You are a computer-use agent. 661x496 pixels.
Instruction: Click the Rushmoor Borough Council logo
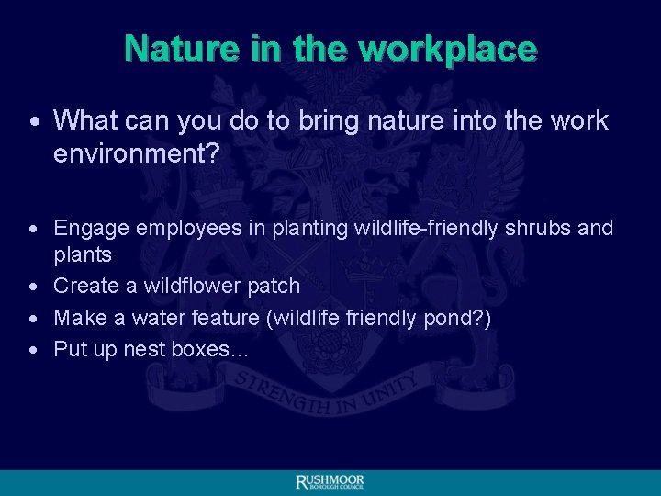point(330,482)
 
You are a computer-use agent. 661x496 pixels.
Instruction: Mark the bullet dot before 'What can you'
point(34,121)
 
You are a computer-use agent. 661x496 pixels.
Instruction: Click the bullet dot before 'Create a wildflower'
point(34,287)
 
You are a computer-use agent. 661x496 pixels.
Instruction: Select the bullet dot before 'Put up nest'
point(34,350)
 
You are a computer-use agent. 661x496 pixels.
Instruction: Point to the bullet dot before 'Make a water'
point(34,319)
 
